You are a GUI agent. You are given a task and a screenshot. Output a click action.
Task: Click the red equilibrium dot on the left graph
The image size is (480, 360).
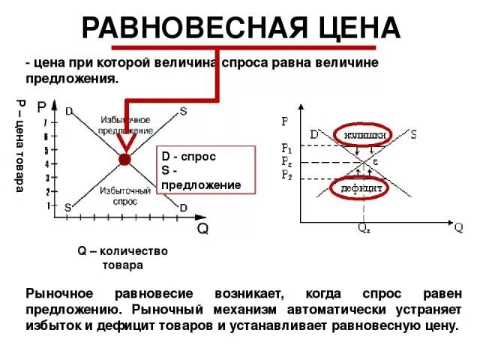pos(124,159)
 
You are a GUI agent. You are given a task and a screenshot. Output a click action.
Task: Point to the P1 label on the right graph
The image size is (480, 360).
pos(287,148)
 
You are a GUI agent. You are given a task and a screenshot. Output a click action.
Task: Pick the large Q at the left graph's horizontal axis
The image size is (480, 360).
pos(202,228)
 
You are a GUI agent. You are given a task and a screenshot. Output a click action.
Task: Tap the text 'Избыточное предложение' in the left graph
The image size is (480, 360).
pos(124,125)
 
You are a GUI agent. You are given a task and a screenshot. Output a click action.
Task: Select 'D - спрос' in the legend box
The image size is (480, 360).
pos(189,157)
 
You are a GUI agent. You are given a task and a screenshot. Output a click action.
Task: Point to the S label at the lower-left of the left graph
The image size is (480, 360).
pos(67,207)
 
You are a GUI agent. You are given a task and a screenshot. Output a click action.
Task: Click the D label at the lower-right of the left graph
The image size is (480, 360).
pos(182,207)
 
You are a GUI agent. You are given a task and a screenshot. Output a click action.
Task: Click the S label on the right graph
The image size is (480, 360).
pos(414,134)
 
